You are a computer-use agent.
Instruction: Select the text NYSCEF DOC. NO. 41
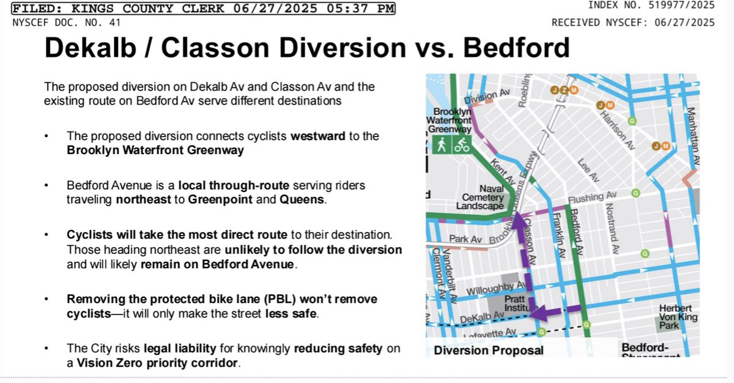point(67,23)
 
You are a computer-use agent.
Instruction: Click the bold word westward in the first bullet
point(318,136)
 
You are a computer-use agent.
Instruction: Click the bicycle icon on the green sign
point(461,145)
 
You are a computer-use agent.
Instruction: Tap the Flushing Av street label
point(592,197)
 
